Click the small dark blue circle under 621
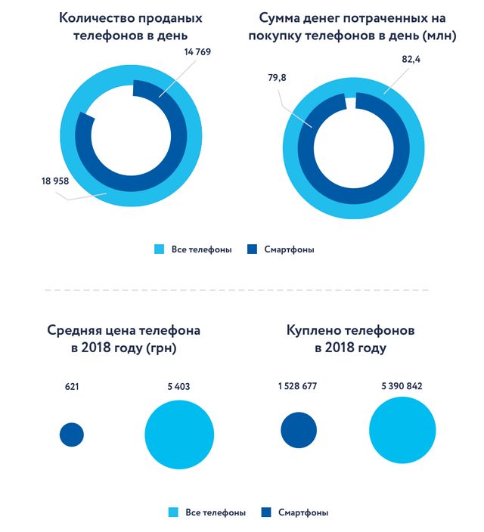[72, 434]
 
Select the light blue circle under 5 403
[179, 434]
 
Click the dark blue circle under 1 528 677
[299, 431]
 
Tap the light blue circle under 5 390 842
[403, 431]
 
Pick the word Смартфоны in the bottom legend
[303, 512]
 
